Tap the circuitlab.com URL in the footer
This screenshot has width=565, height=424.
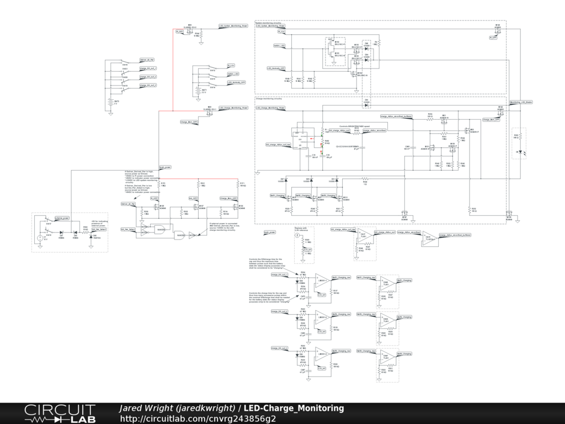point(198,418)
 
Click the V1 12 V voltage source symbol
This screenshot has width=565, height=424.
point(40,238)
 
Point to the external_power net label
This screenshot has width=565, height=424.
point(61,219)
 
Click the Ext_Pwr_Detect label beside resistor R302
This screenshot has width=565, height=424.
point(100,229)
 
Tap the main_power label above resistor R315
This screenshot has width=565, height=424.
point(165,166)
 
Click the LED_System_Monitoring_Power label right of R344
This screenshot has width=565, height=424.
point(233,25)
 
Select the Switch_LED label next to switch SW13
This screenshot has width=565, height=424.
point(233,73)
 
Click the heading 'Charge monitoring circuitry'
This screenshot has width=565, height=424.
point(271,99)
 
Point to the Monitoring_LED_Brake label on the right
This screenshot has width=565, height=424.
point(521,102)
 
